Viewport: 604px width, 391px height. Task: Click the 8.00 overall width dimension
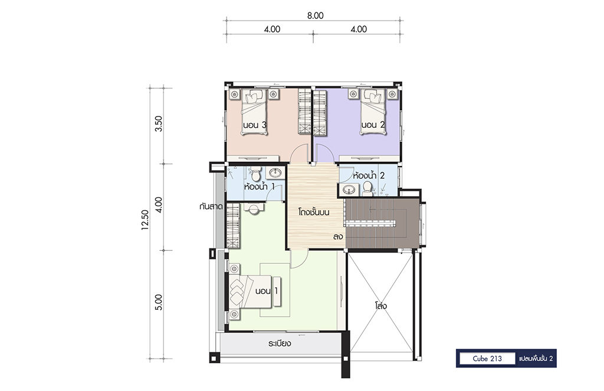[x=315, y=16]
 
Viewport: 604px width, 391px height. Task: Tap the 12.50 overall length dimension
[x=145, y=220]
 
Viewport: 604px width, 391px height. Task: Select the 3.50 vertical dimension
[x=158, y=124]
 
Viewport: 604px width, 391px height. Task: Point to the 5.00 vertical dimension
[x=158, y=302]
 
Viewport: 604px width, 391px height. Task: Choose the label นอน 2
[x=373, y=125]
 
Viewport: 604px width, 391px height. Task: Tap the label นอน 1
[x=267, y=291]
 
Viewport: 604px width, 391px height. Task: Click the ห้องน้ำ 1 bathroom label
[x=260, y=187]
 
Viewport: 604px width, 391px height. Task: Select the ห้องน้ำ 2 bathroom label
[x=369, y=175]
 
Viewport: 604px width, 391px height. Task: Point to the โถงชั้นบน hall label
[x=314, y=212]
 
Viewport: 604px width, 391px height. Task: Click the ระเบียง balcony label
[x=280, y=343]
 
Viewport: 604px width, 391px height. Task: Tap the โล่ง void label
[x=380, y=306]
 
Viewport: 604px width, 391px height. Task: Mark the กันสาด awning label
[x=211, y=207]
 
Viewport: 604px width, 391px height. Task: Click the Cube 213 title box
[x=487, y=359]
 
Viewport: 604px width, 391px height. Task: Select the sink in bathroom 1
[x=275, y=173]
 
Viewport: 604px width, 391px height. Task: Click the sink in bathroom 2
[x=349, y=190]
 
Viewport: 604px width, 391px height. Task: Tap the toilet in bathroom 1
[x=255, y=174]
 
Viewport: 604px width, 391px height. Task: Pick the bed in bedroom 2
[x=373, y=112]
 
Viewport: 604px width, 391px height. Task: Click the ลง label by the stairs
[x=338, y=237]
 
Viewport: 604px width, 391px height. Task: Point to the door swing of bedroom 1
[x=299, y=259]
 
